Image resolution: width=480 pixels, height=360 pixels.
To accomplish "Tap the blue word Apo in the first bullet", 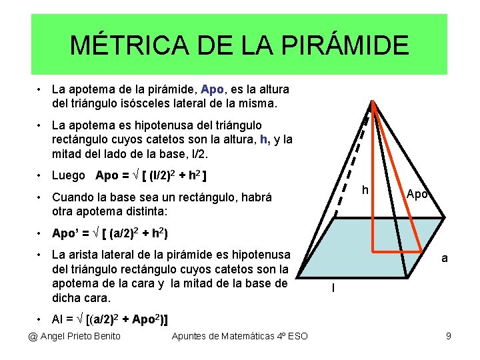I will tap(212, 89).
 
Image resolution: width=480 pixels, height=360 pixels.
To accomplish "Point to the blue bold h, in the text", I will tap(265, 139).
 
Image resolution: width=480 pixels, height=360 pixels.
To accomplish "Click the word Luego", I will tap(68, 176).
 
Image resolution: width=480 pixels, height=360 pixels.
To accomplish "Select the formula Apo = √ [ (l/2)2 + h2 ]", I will tap(151, 176).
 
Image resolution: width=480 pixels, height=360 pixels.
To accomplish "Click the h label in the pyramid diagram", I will tap(365, 191).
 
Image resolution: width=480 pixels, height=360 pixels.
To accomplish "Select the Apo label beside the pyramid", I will tap(417, 194).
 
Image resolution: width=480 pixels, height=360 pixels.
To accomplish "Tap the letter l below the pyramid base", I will tap(333, 288).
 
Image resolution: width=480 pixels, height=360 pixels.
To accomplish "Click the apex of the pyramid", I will tap(373, 101).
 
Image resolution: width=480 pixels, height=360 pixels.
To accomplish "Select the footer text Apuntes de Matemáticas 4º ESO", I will tap(240, 335).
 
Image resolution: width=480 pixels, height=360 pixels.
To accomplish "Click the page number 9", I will tap(449, 335).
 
